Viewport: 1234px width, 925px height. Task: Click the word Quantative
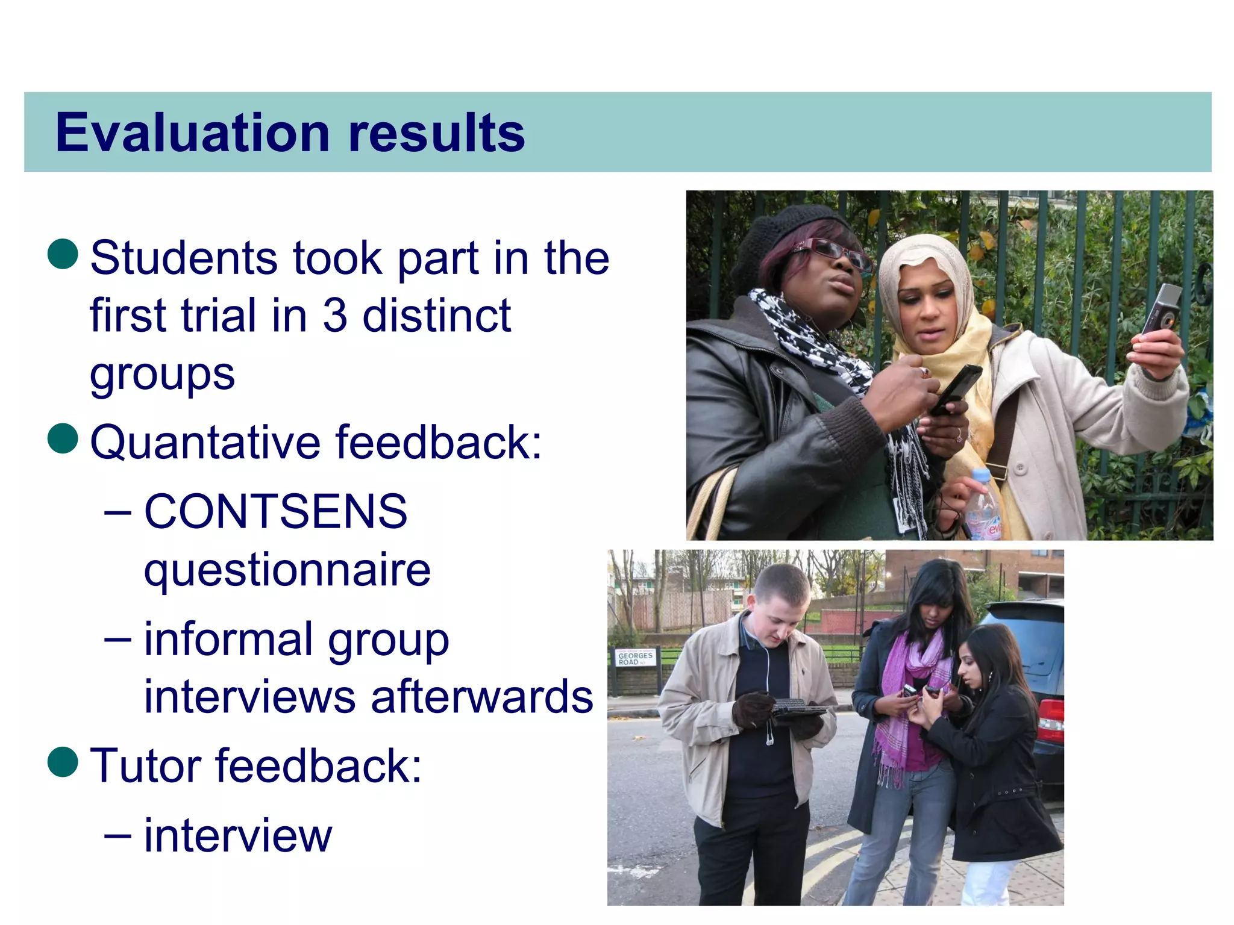[205, 443]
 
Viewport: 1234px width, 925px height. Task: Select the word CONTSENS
[276, 511]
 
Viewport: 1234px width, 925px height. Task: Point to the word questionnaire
[287, 570]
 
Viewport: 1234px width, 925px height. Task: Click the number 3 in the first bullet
[335, 316]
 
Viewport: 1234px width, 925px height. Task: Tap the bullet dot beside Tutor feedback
[63, 762]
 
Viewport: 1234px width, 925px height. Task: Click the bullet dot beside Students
[63, 253]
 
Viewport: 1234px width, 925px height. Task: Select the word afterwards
[482, 697]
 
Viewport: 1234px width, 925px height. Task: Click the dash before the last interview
[117, 836]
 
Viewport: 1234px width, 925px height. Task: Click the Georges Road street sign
[635, 658]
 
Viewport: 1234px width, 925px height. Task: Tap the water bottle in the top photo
[982, 506]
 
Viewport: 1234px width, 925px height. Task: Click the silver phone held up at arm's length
[1162, 308]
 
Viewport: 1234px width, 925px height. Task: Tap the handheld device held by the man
[797, 706]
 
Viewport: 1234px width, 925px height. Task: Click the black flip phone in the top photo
[957, 388]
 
